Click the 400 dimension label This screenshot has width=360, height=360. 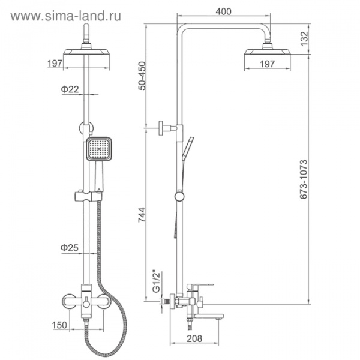(x=223, y=11)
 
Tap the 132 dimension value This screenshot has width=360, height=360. (x=304, y=38)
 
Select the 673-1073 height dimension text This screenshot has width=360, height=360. (x=303, y=179)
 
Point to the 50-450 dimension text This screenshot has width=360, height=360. (x=142, y=76)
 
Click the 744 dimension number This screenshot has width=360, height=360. (x=142, y=215)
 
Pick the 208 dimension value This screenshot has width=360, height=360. (x=194, y=338)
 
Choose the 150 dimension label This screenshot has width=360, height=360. (x=59, y=325)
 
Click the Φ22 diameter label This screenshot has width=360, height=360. (x=70, y=89)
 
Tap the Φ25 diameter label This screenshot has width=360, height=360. (x=70, y=248)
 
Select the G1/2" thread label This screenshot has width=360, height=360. (x=157, y=282)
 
